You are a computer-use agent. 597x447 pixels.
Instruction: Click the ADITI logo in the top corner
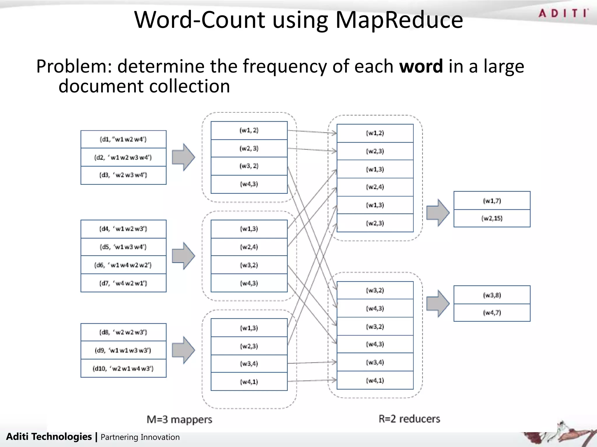563,13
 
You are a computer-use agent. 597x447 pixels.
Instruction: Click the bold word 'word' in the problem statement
421,66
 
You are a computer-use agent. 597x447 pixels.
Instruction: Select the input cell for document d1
123,139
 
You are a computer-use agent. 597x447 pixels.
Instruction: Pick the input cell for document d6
123,265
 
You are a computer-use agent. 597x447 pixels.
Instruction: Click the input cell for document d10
123,368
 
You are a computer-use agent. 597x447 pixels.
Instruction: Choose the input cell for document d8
123,332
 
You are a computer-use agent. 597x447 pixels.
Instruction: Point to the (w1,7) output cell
492,201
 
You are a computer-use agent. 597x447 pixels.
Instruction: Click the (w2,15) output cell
492,218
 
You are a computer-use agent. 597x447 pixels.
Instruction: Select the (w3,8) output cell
492,295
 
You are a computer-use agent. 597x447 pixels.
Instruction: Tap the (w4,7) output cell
492,313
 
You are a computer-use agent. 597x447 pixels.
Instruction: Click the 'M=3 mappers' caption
179,419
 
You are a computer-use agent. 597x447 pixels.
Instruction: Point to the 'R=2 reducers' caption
409,419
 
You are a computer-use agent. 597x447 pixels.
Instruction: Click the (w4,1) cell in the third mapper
249,382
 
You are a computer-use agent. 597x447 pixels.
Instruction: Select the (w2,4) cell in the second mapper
249,247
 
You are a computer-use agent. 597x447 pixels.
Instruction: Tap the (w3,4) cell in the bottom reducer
375,362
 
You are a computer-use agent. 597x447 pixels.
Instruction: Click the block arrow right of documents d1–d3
183,157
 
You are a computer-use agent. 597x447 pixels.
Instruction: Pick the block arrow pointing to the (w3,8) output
438,303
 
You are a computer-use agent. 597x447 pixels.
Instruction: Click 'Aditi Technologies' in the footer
49,437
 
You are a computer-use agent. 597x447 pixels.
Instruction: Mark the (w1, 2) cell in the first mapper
249,130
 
